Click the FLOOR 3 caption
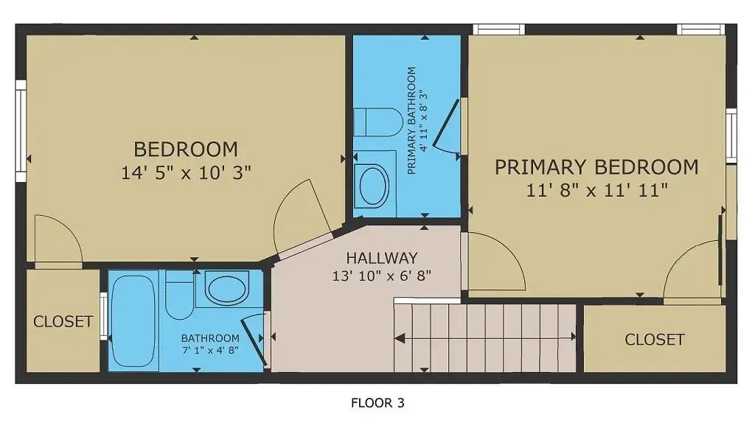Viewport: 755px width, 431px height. coord(377,402)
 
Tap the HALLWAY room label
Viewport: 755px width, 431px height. coord(381,259)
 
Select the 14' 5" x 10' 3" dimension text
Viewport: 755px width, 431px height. coord(186,172)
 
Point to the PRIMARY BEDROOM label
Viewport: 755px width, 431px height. coord(596,167)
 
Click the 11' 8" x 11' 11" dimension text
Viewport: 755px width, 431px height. coord(596,191)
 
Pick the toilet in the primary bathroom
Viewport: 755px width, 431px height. coord(378,122)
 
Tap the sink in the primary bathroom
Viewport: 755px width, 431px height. coord(374,186)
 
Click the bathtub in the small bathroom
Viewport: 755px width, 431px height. coord(133,320)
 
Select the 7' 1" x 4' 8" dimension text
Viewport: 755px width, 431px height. coord(210,350)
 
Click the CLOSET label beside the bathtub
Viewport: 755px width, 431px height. coord(63,321)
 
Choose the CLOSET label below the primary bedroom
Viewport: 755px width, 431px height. coord(655,340)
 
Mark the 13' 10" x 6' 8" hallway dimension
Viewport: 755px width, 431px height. coord(381,276)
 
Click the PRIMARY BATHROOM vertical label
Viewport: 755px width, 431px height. coord(411,120)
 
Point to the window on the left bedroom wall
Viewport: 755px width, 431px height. coord(21,131)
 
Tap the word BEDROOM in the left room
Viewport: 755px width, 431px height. coord(186,149)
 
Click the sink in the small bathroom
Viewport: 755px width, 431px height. coord(227,288)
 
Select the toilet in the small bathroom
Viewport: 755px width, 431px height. coord(180,295)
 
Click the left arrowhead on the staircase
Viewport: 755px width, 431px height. coord(399,339)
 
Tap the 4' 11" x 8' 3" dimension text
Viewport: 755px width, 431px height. coord(424,120)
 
